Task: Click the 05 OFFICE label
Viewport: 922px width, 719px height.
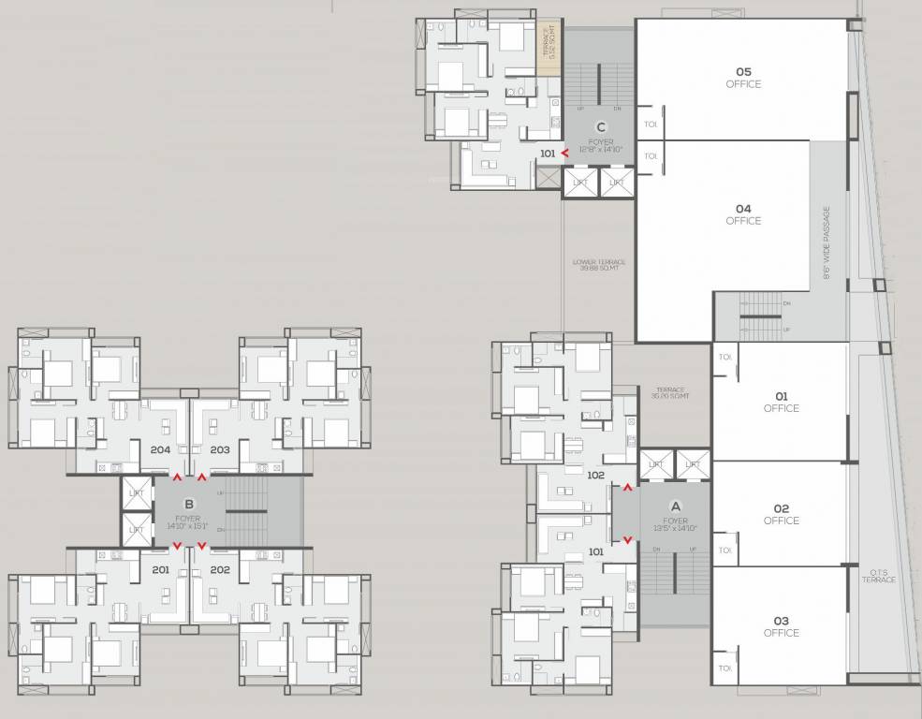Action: coord(743,78)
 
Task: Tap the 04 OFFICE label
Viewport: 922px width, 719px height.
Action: coord(743,214)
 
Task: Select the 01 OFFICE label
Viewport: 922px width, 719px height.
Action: coord(781,402)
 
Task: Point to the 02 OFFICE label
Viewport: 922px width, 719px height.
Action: coord(781,514)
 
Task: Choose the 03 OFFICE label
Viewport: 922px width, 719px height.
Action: coord(781,626)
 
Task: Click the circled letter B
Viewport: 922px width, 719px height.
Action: coord(188,503)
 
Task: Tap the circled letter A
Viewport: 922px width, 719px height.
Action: coord(676,506)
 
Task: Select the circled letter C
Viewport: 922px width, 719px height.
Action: coord(601,127)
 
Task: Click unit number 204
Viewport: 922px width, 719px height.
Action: coord(160,450)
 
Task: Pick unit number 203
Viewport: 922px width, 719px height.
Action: coord(220,450)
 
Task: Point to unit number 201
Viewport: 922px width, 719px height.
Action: coord(160,569)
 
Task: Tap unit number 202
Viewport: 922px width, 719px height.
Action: coord(220,569)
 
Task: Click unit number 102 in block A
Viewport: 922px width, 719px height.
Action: coord(595,475)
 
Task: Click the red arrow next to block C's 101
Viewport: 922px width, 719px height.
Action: coord(564,153)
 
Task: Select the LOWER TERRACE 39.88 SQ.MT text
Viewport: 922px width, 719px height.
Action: coord(599,265)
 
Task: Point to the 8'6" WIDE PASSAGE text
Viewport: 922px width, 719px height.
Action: coord(827,243)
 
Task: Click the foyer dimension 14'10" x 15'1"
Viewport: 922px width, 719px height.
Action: coord(188,525)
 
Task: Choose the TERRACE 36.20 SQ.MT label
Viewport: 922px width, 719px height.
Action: coord(670,393)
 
